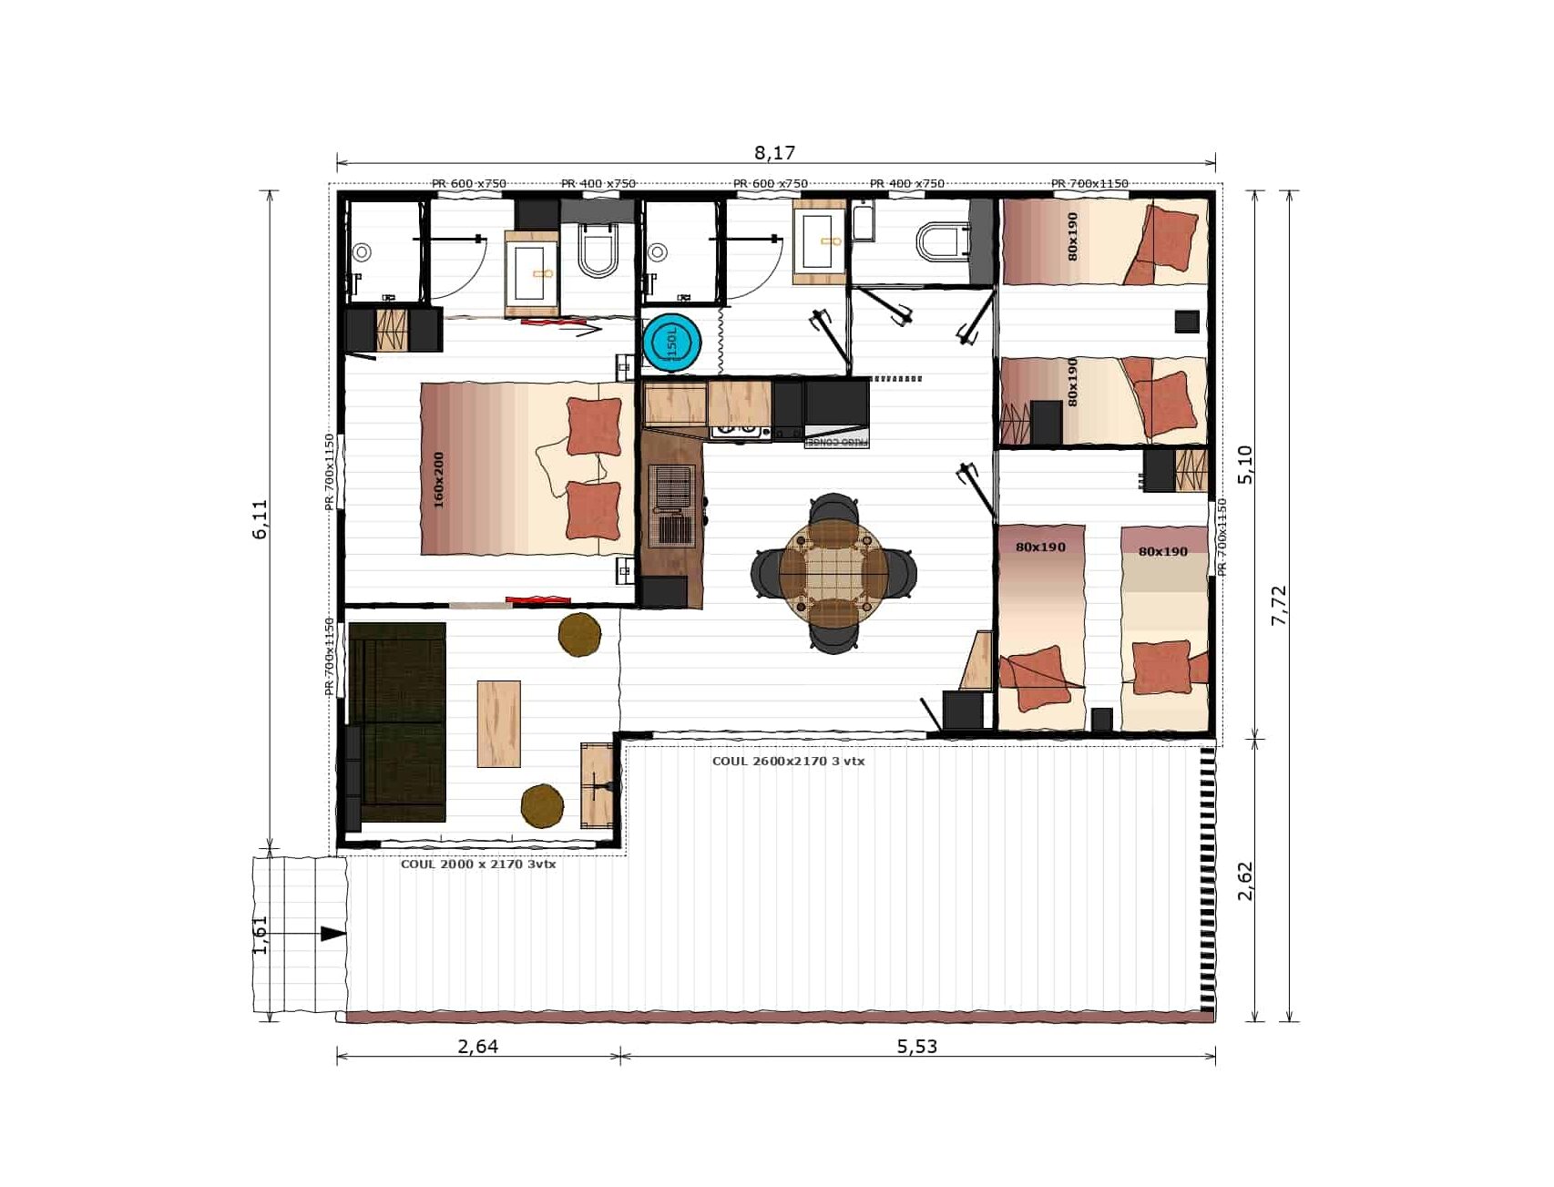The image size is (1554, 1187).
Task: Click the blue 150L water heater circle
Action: point(672,343)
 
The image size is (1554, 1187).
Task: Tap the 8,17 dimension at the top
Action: point(774,152)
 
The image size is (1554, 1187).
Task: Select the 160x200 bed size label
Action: point(439,480)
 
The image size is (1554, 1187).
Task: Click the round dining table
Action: point(833,572)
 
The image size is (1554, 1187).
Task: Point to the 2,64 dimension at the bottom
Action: point(477,1046)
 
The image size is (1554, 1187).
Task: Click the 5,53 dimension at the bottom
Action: point(916,1046)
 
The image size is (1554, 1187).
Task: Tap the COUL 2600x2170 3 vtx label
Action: point(788,761)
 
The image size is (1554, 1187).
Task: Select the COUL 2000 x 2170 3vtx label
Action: point(478,864)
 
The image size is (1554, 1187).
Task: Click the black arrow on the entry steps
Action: point(332,934)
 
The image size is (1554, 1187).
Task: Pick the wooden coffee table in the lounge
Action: point(498,723)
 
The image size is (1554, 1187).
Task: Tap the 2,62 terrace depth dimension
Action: point(1245,881)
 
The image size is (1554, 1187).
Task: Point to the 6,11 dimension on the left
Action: point(261,519)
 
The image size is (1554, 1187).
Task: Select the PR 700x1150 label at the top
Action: point(1089,184)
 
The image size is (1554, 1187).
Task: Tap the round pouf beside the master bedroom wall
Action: point(579,635)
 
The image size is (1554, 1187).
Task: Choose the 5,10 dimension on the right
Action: point(1245,465)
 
